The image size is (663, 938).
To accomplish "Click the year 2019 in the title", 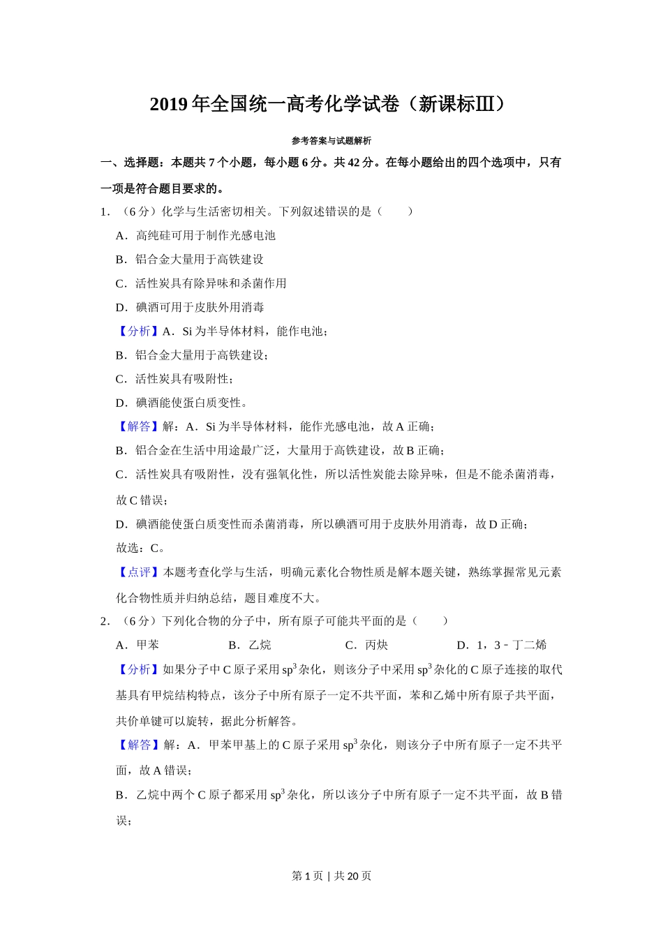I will click(169, 105).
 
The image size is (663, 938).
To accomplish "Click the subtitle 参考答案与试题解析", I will click(331, 140).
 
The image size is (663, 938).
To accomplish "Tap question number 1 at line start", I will click(105, 211).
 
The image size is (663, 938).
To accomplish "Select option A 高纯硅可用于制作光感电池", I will click(196, 236).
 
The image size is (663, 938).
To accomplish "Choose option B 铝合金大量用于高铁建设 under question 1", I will click(190, 260).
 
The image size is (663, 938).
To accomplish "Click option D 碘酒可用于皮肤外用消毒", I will click(190, 307).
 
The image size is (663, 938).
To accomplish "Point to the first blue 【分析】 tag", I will click(138, 331).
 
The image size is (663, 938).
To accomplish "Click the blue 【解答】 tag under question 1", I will click(138, 426).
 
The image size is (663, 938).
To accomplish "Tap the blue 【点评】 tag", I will click(138, 572).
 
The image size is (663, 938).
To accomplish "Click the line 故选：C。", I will click(141, 548).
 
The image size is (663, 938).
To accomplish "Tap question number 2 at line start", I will click(105, 621).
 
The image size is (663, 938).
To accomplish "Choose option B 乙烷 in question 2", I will click(250, 645).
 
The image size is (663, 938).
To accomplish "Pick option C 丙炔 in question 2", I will click(367, 645).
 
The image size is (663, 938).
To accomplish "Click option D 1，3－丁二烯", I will click(501, 645).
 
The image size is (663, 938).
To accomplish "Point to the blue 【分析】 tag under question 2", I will click(138, 669).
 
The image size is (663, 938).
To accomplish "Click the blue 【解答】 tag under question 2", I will click(138, 745).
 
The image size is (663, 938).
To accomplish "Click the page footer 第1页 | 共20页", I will click(331, 876).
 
